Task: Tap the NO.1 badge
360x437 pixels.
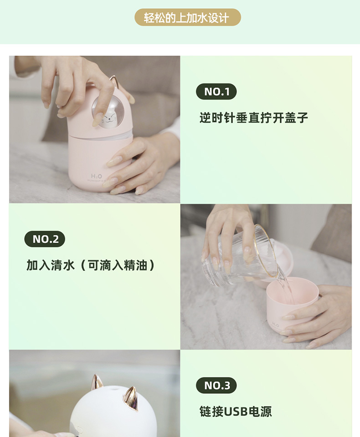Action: tap(216, 91)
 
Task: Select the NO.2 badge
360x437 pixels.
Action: tap(45, 239)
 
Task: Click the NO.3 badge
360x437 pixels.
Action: tap(216, 386)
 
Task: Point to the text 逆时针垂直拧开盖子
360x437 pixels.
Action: tap(253, 118)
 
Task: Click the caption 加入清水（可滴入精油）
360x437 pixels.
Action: tap(90, 265)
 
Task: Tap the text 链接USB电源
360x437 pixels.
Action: tap(236, 412)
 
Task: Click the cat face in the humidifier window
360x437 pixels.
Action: tap(108, 119)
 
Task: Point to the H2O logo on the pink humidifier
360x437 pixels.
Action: tap(96, 176)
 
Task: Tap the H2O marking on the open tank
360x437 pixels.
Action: tap(275, 325)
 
